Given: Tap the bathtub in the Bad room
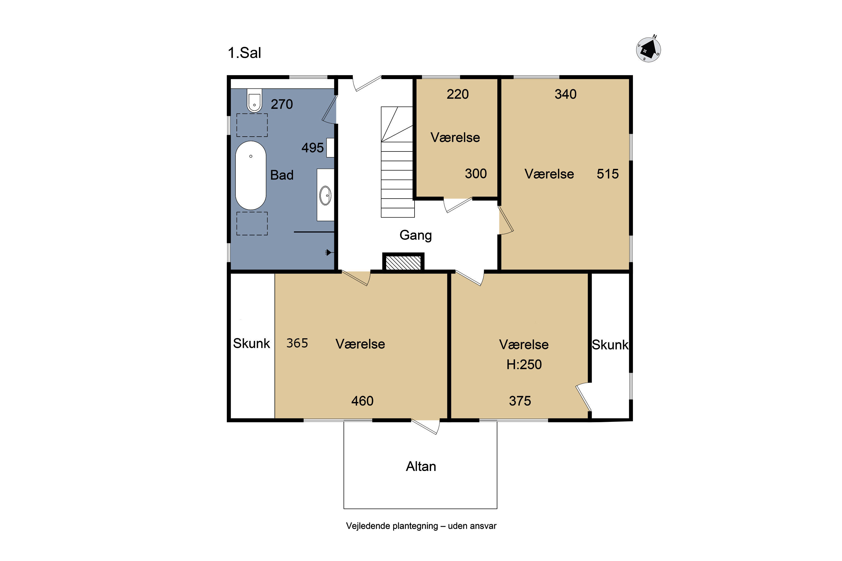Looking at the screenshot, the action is pos(251,175).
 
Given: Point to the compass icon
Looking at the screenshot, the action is pos(648,49).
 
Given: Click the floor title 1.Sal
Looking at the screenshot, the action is pos(244,53).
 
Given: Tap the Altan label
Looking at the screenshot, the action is pos(421,466).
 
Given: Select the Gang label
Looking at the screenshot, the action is pos(416,235).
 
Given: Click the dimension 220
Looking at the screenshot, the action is pos(457,94).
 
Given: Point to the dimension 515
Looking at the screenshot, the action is pos(608,174).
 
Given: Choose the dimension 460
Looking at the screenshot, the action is pos(362,401).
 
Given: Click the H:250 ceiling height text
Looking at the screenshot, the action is pos(524,365).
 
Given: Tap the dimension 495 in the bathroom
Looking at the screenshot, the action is pos(313,148).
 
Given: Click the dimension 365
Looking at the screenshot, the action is pos(297,343).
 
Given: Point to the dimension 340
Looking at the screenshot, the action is pos(566,94).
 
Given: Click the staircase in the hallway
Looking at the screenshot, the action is pos(397,162).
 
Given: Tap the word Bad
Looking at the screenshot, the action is pos(282,175).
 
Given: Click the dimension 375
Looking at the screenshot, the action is pos(520,401).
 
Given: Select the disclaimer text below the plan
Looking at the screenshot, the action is pos(421,526).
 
